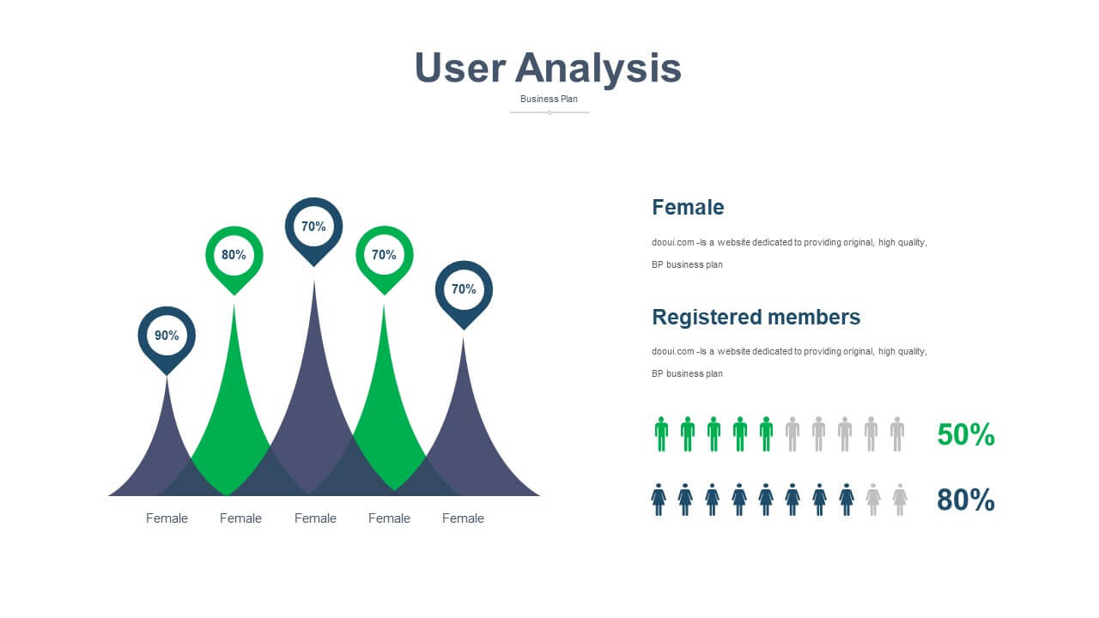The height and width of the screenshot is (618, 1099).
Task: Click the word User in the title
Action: [460, 67]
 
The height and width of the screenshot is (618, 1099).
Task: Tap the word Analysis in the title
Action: [598, 70]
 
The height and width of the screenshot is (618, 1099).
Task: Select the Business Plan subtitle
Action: [549, 99]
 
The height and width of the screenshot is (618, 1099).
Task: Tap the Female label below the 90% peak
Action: [167, 518]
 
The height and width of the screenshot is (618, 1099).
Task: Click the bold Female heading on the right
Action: [688, 208]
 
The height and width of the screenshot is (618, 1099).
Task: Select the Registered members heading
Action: [756, 318]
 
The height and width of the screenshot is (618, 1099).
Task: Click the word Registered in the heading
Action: [707, 318]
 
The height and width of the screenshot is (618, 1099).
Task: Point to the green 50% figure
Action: [966, 434]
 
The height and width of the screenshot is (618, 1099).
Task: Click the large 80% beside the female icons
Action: [966, 500]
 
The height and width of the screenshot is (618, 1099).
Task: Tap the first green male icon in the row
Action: [661, 434]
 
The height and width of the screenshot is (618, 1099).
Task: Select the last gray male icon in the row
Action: [897, 434]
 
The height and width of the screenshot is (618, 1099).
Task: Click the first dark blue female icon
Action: [659, 500]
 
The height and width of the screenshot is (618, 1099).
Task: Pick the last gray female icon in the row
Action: [900, 500]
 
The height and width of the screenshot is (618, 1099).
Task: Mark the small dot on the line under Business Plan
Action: [549, 112]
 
